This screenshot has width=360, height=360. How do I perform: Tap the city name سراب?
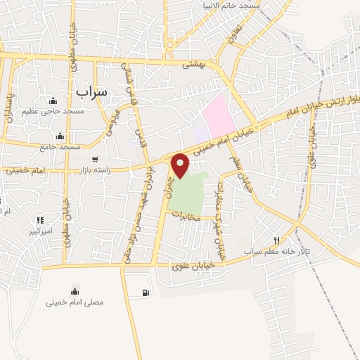coord(90,91)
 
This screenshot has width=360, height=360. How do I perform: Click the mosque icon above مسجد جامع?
coord(60,136)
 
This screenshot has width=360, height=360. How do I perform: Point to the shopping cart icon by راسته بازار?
coord(94,159)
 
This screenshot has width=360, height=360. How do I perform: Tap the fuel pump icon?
coord(145,292)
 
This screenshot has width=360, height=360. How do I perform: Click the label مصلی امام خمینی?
coord(75,302)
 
